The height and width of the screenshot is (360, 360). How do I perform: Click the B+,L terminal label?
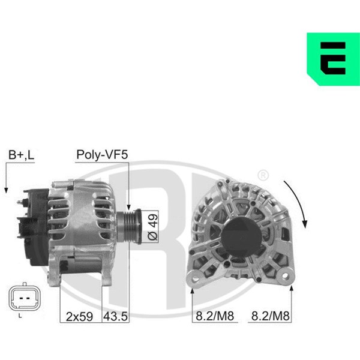(21, 155)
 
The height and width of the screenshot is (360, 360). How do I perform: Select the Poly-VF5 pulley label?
(102, 154)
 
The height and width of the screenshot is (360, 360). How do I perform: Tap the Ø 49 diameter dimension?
(152, 227)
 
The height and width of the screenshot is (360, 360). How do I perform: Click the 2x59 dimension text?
(79, 317)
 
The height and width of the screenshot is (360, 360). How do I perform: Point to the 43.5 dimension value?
(115, 317)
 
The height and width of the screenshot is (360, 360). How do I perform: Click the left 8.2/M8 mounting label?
(215, 316)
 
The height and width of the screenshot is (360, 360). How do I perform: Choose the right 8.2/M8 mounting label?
(270, 316)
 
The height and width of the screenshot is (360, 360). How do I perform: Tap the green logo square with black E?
(334, 59)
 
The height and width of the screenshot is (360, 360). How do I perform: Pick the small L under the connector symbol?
(20, 316)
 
